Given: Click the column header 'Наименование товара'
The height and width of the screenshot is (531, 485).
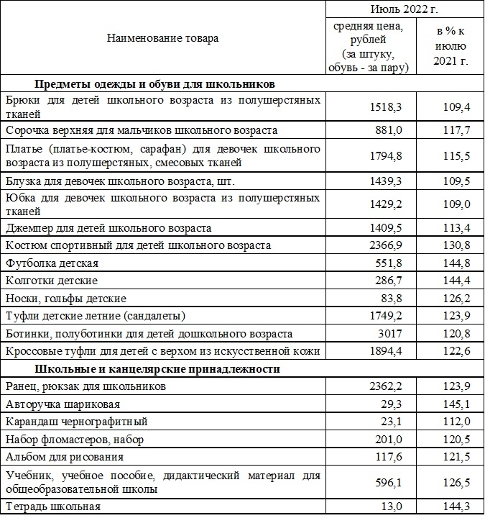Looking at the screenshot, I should pyautogui.click(x=162, y=38).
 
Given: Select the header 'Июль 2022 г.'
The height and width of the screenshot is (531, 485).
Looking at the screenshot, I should pyautogui.click(x=405, y=9).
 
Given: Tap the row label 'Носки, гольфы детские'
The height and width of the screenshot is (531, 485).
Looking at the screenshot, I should pyautogui.click(x=65, y=298).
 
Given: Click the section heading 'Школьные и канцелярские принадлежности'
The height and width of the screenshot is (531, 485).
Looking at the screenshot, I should pyautogui.click(x=157, y=369).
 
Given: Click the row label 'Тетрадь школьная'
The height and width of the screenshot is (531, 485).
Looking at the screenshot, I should pyautogui.click(x=53, y=507).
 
